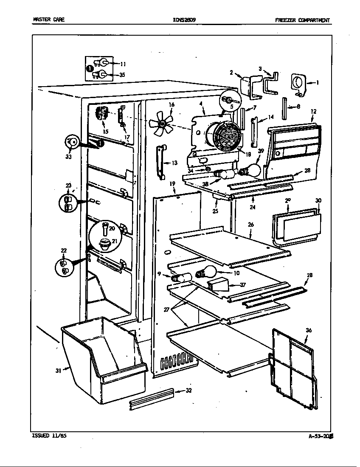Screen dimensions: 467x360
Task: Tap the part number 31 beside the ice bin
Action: (x=58, y=371)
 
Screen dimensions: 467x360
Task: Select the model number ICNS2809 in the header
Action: (x=184, y=20)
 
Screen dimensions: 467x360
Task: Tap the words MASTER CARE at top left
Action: (x=48, y=20)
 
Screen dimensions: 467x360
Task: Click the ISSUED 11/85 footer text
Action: (x=49, y=436)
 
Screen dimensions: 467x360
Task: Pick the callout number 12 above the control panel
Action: (x=313, y=112)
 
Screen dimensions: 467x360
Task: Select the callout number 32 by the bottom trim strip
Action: (x=189, y=391)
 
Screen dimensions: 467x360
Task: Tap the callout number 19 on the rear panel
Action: (x=172, y=184)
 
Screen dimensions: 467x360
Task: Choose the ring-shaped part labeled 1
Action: (x=298, y=82)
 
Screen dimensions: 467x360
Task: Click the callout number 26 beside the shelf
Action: (x=251, y=224)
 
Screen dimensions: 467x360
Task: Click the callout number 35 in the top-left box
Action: (x=122, y=75)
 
